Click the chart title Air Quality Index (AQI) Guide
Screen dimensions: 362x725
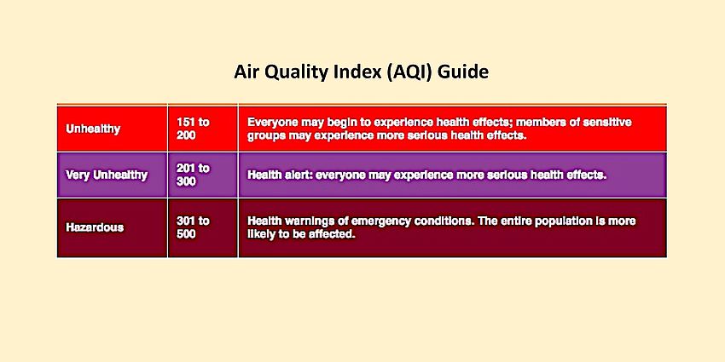point(362,72)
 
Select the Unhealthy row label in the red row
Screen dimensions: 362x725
point(93,129)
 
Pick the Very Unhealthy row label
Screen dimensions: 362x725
point(107,175)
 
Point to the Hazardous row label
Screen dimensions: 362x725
point(95,227)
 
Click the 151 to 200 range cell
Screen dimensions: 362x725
point(193,129)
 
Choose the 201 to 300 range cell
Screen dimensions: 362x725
point(193,175)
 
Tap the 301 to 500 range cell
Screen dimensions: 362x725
point(193,227)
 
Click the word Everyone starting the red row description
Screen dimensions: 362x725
point(275,123)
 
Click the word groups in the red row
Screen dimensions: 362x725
point(266,135)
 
